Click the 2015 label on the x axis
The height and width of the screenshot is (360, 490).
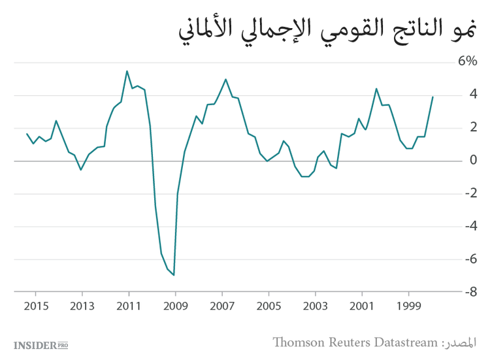tap(35, 306)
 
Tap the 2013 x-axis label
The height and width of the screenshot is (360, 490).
tap(82, 306)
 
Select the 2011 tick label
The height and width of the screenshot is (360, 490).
tap(129, 306)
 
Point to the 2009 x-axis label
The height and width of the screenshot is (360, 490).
tap(175, 306)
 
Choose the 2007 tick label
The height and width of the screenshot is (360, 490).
tap(222, 306)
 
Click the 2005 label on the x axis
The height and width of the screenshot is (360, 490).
tap(269, 306)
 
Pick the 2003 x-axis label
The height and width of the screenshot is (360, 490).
tap(316, 306)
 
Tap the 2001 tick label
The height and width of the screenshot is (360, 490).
tap(362, 306)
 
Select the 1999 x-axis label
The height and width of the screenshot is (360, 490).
tap(409, 306)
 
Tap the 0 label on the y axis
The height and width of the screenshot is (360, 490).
tap(472, 161)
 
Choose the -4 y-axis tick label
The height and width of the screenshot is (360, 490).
tap(469, 227)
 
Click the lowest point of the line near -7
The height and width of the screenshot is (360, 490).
tap(174, 275)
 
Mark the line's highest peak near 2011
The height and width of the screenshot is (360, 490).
tap(127, 71)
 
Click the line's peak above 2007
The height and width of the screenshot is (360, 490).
tap(225, 80)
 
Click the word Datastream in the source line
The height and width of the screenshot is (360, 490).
tap(400, 342)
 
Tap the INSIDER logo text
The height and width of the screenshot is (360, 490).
tap(35, 344)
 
